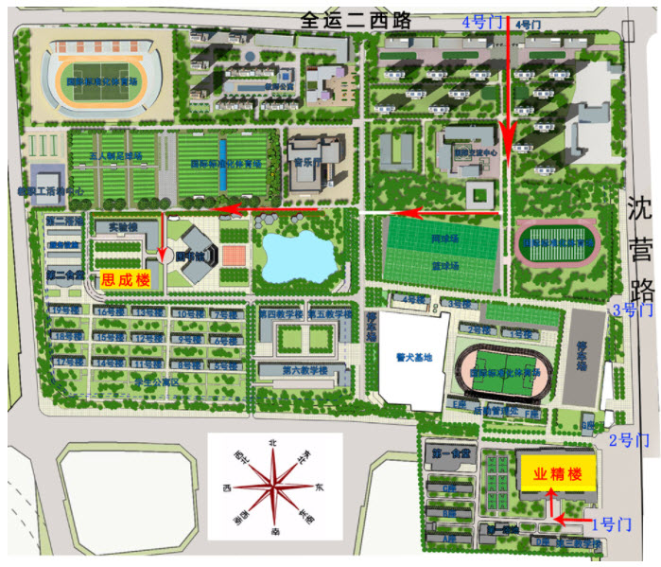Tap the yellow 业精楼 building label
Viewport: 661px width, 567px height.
(x=557, y=475)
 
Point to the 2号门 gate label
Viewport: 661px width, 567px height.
(x=629, y=440)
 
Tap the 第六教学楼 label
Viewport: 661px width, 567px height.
(x=302, y=371)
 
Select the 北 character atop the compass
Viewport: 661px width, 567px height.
(x=273, y=442)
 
